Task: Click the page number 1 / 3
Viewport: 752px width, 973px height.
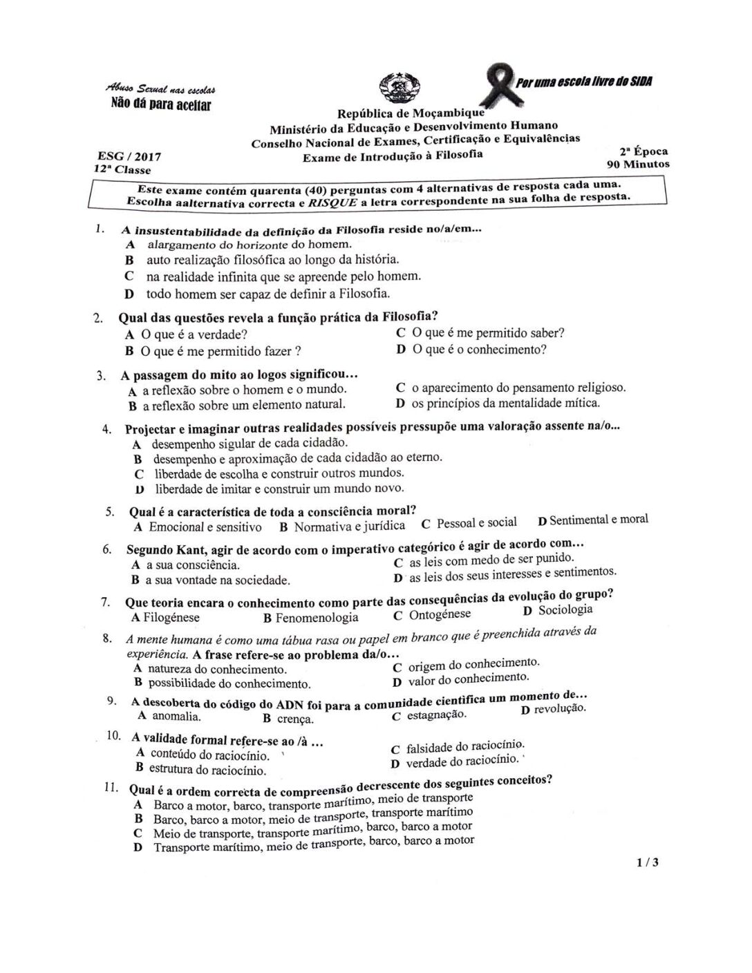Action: point(648,862)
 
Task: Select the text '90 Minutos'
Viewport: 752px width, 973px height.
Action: point(638,164)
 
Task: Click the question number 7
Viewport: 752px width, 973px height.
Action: point(106,601)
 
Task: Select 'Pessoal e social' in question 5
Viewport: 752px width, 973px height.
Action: point(476,523)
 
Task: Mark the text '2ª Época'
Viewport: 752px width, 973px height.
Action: point(643,151)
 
